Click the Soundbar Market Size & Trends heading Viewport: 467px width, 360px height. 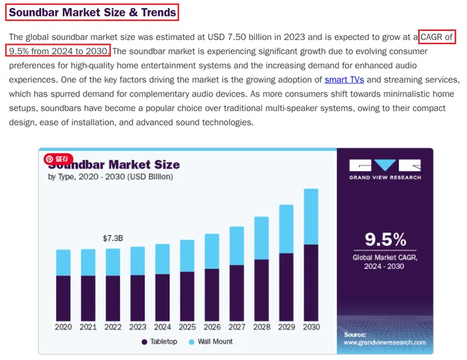[x=93, y=12]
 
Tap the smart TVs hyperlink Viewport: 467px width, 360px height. [x=344, y=80]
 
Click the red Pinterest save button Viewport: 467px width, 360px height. [x=59, y=159]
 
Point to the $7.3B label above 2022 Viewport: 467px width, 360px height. [x=112, y=238]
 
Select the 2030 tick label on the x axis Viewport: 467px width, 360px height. [x=311, y=327]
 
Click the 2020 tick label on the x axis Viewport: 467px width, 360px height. [x=63, y=327]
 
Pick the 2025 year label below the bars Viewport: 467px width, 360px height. [x=187, y=327]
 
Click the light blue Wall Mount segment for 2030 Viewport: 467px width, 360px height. [x=311, y=217]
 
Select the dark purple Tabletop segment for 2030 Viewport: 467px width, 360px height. [x=311, y=282]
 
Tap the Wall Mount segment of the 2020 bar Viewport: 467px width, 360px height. [x=63, y=262]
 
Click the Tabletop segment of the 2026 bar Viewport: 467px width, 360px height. [x=212, y=294]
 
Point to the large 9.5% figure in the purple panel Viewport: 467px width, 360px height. [x=386, y=239]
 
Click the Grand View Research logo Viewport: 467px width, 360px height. [x=385, y=169]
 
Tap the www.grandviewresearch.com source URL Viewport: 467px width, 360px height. [x=384, y=343]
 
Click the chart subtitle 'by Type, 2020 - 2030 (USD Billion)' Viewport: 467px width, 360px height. [x=110, y=177]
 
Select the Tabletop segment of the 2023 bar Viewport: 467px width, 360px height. [x=138, y=297]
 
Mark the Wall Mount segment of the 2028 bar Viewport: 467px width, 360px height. [x=261, y=237]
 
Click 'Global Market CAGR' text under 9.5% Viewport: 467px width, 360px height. [x=385, y=257]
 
